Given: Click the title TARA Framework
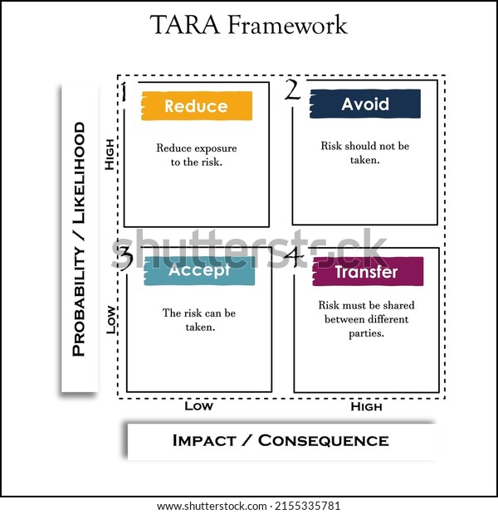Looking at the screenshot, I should pos(248,25).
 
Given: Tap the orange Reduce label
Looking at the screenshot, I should pos(196,106).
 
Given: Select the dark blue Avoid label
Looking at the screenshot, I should pos(365,104).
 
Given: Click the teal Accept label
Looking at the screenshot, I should pos(199,270).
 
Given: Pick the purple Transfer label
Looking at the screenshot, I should pos(367,272).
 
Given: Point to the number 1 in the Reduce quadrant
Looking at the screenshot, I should pos(123,92).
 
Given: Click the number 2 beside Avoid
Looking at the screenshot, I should pos(292,90).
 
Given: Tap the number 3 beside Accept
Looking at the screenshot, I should pos(124,258).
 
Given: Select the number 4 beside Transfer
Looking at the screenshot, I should pos(294,257).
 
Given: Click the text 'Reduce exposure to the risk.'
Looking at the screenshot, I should pos(196,155).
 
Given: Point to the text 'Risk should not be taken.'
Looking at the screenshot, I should pos(365,153).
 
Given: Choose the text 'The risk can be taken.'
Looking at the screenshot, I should pos(199,320).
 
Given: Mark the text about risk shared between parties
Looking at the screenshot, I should pos(366,319).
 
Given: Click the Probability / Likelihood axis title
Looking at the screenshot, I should pos(79,239).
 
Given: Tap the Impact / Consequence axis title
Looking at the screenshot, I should pos(280,440).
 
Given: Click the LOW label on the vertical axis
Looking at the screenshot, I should pos(110,319).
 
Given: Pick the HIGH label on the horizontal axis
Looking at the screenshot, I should pos(366,406).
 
